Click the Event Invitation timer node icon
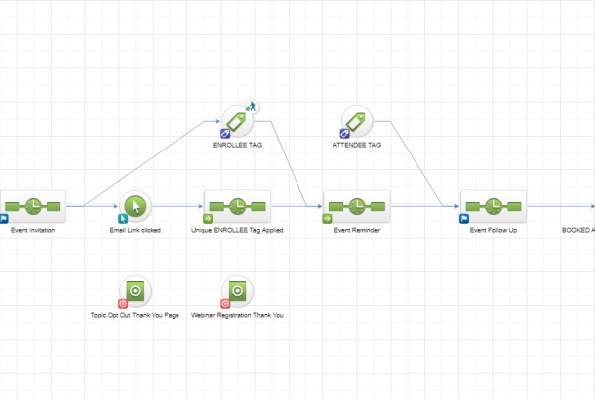pyautogui.click(x=33, y=206)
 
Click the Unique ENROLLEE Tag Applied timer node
pyautogui.click(x=238, y=206)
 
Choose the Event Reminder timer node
pyautogui.click(x=357, y=206)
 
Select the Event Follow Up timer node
pyautogui.click(x=493, y=206)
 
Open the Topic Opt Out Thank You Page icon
pyautogui.click(x=136, y=291)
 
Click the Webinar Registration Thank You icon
pyautogui.click(x=238, y=291)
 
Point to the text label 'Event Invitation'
pyautogui.click(x=33, y=230)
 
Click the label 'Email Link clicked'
pyautogui.click(x=136, y=230)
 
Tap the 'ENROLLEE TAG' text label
pyautogui.click(x=238, y=145)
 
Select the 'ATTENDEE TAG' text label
pyautogui.click(x=357, y=145)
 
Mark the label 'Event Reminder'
pyautogui.click(x=357, y=230)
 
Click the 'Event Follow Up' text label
pyautogui.click(x=493, y=230)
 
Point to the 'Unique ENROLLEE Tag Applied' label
pyautogui.click(x=237, y=230)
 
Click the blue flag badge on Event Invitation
pyautogui.click(x=4, y=218)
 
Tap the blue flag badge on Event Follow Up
pyautogui.click(x=464, y=218)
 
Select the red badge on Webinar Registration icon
pyautogui.click(x=225, y=303)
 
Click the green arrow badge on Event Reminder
pyautogui.click(x=328, y=218)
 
